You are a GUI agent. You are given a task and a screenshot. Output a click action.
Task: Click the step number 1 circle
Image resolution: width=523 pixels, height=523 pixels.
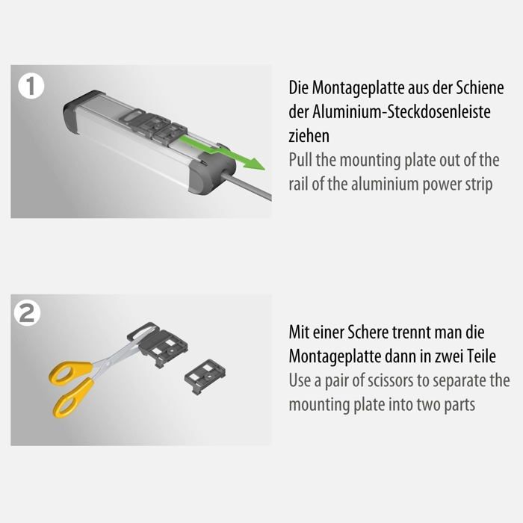tap(31, 86)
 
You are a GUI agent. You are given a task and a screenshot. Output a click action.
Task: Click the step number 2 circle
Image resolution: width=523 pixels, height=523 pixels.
tap(28, 314)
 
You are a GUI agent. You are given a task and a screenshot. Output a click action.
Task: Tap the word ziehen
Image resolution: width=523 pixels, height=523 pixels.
tap(308, 137)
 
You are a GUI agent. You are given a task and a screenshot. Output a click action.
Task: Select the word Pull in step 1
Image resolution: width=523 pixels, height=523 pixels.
tap(303, 160)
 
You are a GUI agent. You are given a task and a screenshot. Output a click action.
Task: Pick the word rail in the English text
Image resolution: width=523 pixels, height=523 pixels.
tap(300, 185)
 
